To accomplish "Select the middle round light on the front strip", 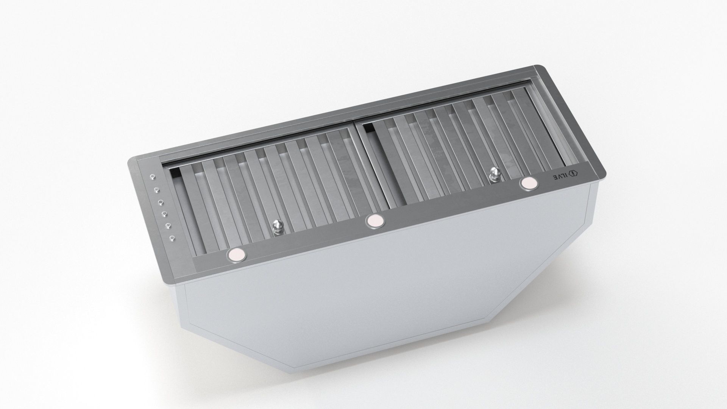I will coord(374,220).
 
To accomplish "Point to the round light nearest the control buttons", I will coord(236,254).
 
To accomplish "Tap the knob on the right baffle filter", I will coord(494,175).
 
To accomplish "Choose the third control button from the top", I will coord(161,202).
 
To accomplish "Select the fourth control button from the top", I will coord(164,214).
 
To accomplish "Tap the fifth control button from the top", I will coord(168,226).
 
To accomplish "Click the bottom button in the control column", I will coord(172,238).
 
